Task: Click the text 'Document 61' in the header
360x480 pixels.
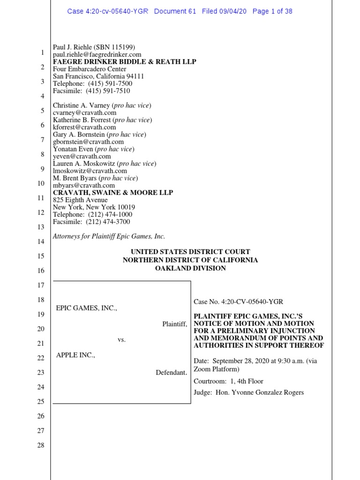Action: [175, 11]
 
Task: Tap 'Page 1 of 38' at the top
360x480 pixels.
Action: [272, 11]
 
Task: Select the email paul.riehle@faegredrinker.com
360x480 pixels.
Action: [97, 54]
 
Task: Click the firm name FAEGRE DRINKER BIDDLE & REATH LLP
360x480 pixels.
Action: [124, 62]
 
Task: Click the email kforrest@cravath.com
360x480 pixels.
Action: [84, 127]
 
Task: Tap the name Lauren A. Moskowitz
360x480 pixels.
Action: [84, 164]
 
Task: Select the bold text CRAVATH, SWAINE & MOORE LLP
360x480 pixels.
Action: [113, 193]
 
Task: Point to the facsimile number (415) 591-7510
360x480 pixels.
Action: [108, 91]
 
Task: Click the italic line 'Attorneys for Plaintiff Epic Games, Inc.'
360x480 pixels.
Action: [109, 236]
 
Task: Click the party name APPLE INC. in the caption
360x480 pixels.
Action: [75, 355]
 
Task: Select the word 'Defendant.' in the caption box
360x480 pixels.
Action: [172, 373]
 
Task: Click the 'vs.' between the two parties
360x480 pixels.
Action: [122, 339]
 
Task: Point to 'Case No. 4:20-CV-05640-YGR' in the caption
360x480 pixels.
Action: [239, 302]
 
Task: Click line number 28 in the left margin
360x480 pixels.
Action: [40, 445]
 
